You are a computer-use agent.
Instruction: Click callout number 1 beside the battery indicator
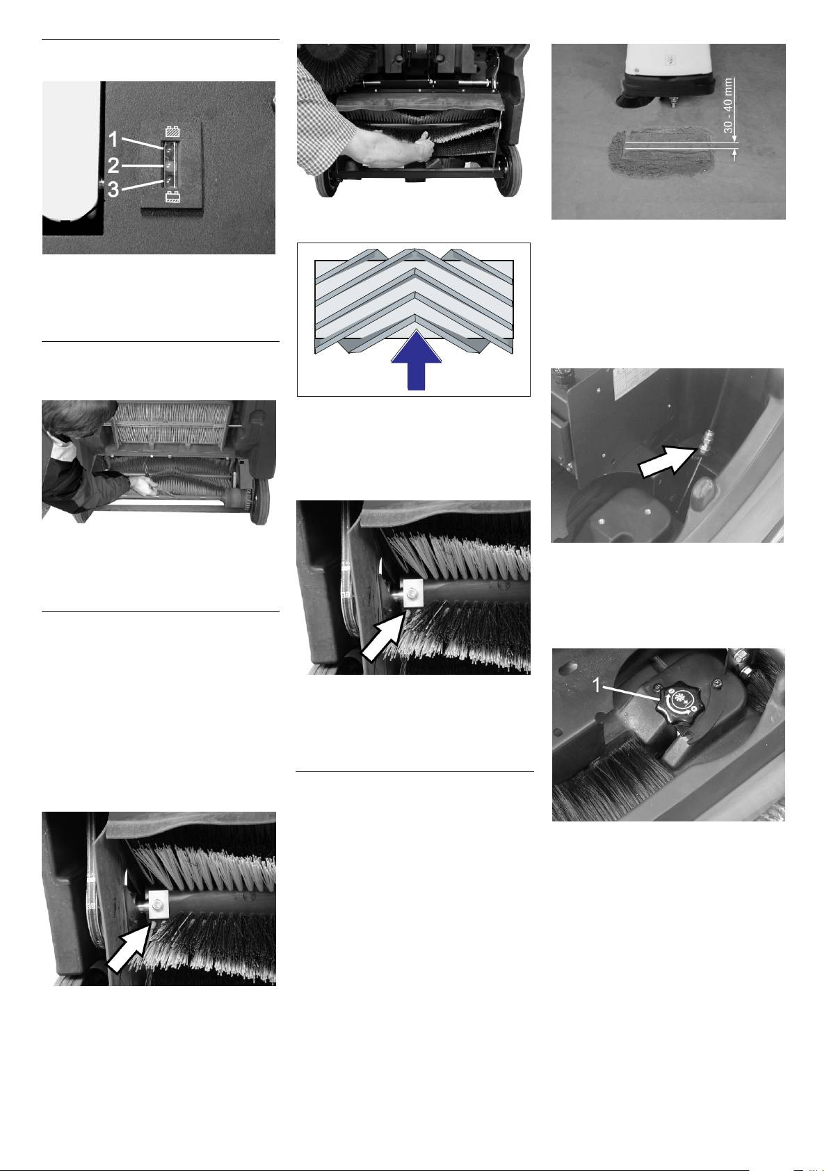coord(113,140)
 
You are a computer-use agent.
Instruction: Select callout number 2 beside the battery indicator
coord(113,165)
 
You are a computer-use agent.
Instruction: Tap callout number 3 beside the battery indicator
coord(113,189)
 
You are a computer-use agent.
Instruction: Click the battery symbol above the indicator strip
coord(172,132)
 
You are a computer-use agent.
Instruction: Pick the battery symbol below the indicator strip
coord(172,197)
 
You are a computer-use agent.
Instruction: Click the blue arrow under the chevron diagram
coord(417,360)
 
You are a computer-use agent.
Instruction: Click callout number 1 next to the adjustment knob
coord(596,685)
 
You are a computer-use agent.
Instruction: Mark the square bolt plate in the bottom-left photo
coord(158,905)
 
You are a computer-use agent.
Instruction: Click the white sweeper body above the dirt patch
coord(668,60)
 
